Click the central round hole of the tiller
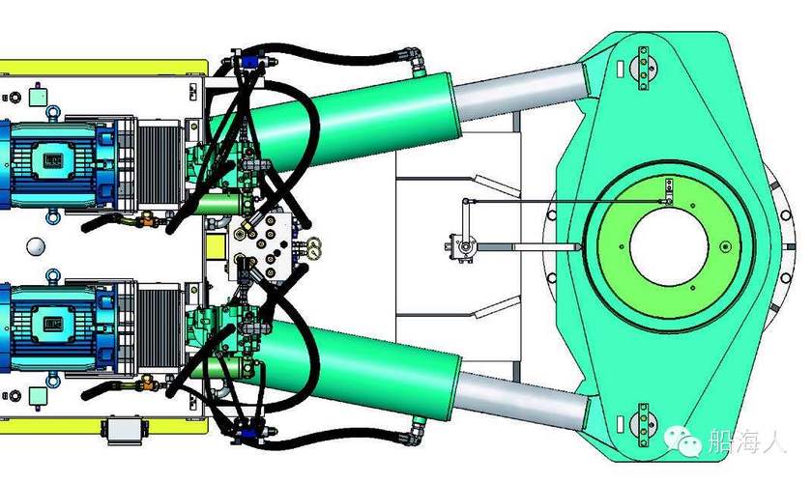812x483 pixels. pos(669,246)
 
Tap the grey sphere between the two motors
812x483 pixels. pos(36,246)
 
